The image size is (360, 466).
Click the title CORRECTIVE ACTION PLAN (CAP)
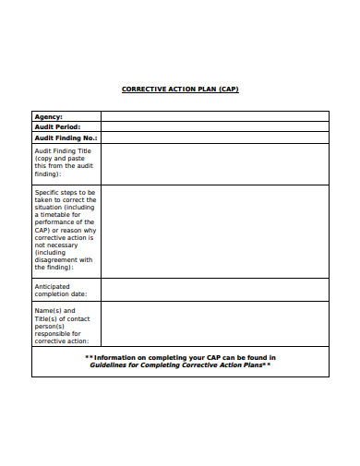tap(180, 90)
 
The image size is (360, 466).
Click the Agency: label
tap(48, 116)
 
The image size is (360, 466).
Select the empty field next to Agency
tap(214, 116)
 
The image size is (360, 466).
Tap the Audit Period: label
tap(57, 126)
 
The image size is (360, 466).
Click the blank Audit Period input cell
tap(214, 126)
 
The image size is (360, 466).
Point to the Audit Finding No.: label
tap(66, 137)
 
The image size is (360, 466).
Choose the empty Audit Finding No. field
tap(214, 137)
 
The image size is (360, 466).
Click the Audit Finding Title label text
tap(64, 149)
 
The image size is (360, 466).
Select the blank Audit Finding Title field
tap(214, 163)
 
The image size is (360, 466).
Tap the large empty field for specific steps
tap(214, 231)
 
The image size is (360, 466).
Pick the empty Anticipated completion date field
tap(214, 290)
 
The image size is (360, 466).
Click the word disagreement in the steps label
tap(64, 259)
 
